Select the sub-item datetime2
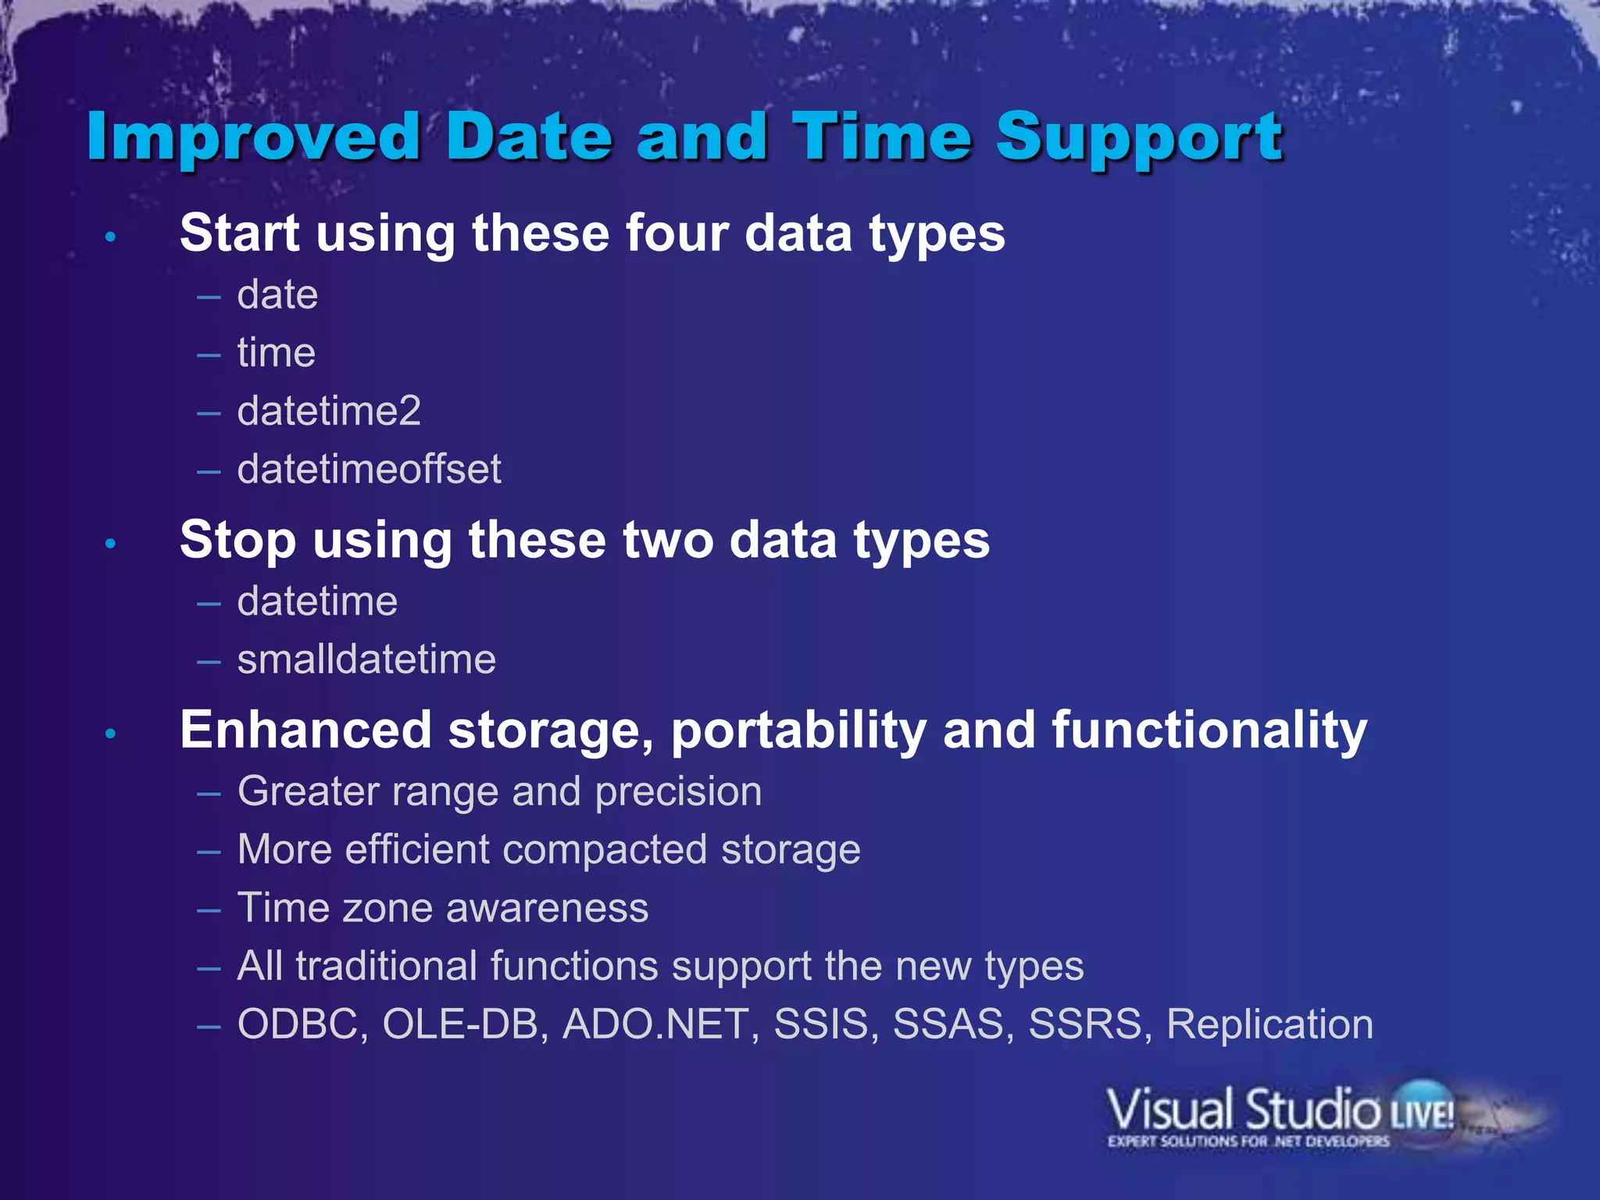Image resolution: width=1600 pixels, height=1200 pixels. click(x=329, y=411)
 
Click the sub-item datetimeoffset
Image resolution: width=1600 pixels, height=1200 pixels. click(x=369, y=470)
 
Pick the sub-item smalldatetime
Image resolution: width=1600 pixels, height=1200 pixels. click(x=366, y=659)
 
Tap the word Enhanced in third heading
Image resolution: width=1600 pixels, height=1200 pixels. click(x=305, y=730)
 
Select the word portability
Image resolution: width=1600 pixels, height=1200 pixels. click(x=798, y=731)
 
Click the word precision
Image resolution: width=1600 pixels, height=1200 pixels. click(x=678, y=792)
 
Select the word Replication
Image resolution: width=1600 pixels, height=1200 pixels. click(x=1270, y=1024)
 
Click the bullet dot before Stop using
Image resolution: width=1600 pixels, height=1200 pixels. click(x=111, y=543)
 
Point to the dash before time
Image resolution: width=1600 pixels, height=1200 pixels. click(x=209, y=355)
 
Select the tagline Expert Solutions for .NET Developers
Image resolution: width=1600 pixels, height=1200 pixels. click(x=1248, y=1141)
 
